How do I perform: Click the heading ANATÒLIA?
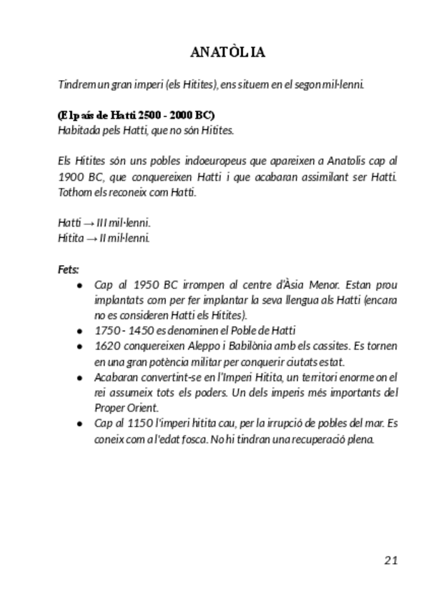coord(228,53)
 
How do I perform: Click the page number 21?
coord(390,560)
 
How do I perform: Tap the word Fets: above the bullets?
coord(69,269)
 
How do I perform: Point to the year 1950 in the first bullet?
coord(146,284)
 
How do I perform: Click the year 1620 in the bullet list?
coord(106,346)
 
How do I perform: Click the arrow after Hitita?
coord(91,238)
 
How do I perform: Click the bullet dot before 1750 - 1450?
coord(79,331)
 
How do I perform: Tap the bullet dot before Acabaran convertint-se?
coord(79,377)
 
